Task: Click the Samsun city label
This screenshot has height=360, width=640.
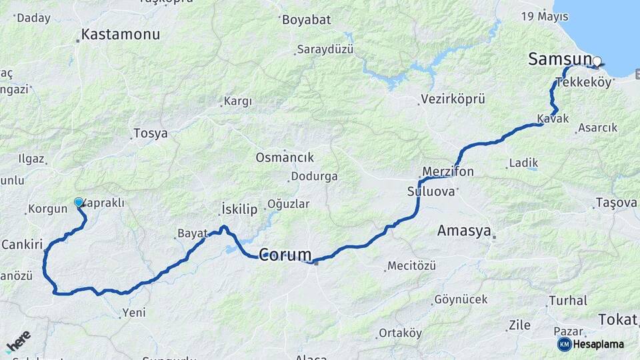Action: (559, 59)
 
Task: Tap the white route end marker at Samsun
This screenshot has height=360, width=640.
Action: (597, 63)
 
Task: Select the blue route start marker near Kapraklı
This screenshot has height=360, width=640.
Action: (79, 202)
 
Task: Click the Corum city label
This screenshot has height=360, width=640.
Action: (285, 255)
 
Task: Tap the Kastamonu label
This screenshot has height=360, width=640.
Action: (121, 34)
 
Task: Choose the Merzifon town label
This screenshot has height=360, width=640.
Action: (448, 172)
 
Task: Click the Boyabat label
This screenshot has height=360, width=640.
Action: (306, 20)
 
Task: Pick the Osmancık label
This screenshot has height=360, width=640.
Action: (285, 157)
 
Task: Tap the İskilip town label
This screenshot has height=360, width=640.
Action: (239, 209)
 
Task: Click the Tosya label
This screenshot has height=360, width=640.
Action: (151, 133)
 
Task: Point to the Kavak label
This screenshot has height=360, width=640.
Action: (553, 119)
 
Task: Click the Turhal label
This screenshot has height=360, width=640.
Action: (568, 301)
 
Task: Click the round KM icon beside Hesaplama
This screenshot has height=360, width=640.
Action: (564, 344)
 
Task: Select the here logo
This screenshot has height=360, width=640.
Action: (19, 340)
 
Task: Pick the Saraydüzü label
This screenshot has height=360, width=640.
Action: (326, 50)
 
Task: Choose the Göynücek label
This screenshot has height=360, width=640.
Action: (461, 299)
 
